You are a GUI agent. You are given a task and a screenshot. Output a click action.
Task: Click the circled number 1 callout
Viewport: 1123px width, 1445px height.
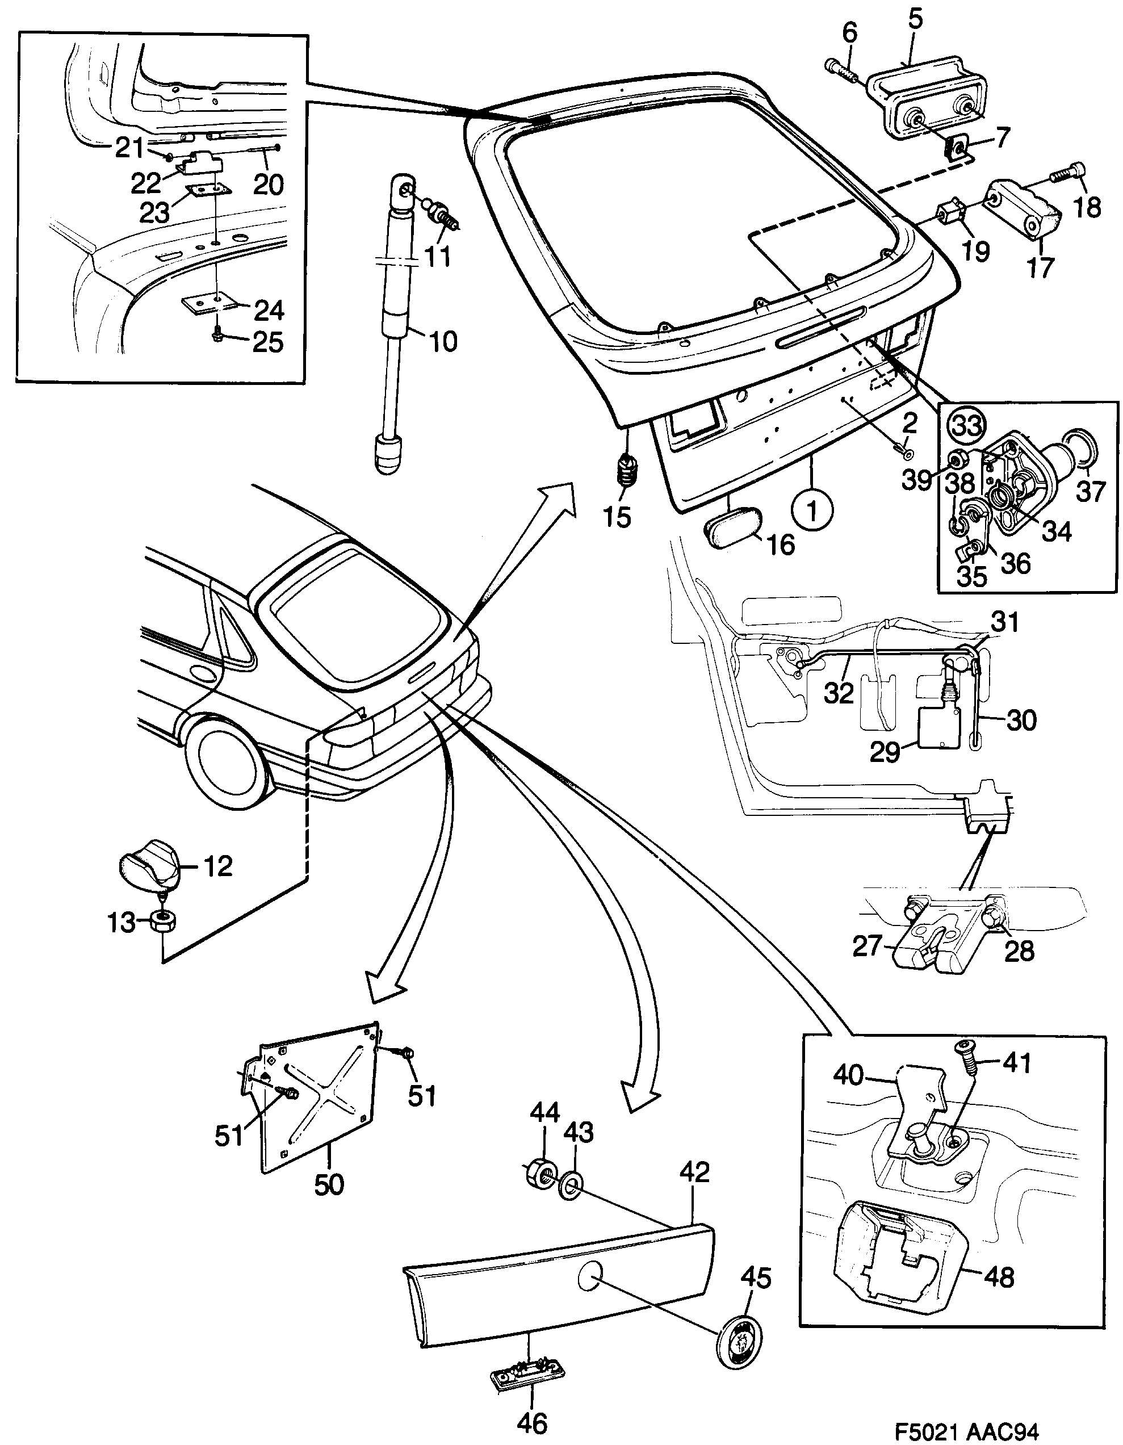click(x=812, y=509)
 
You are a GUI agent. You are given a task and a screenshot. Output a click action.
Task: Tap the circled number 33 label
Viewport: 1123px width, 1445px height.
click(x=966, y=425)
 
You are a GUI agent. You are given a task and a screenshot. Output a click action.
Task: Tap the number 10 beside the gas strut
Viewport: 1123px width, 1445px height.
click(x=441, y=342)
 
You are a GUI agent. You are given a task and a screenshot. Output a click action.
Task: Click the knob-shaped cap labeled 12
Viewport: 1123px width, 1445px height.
click(x=149, y=865)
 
